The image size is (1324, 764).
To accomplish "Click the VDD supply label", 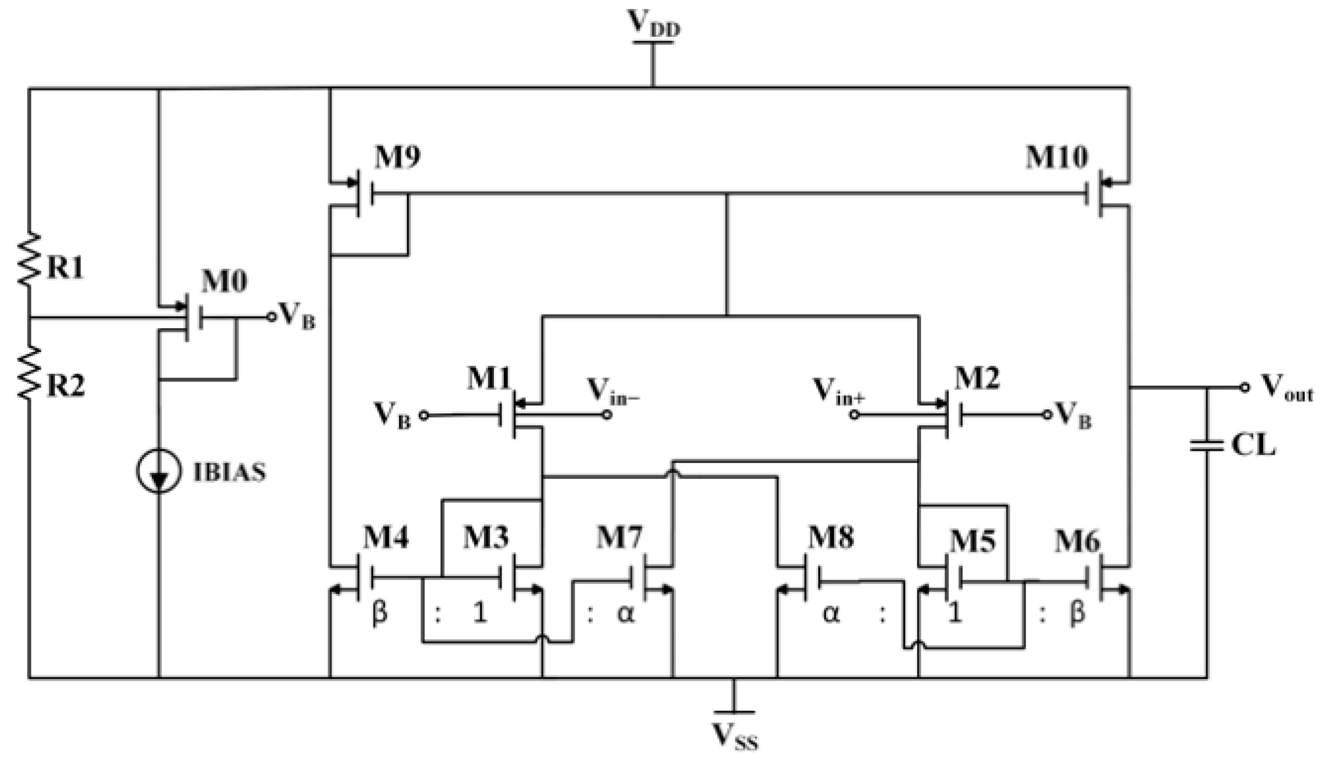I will coord(653,24).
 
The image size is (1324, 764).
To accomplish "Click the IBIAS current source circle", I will coord(159,471).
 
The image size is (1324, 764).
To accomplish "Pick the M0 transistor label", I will coord(224,282).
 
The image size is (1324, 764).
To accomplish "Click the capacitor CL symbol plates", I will coord(1207,446).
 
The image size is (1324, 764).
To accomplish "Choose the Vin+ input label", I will coord(838,391).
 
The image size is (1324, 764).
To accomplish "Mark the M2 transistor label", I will coord(977,378).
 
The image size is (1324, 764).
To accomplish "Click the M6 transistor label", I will coord(1077,541).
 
